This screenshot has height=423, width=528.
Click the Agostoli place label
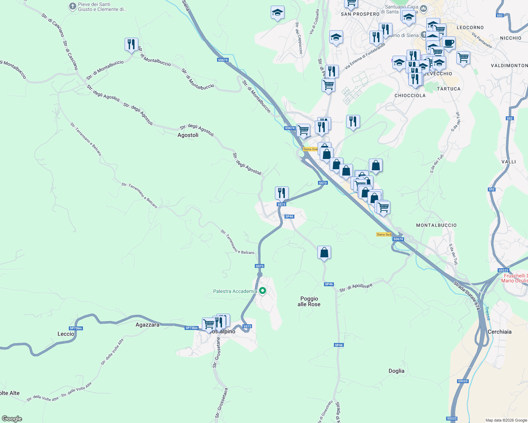click(x=188, y=135)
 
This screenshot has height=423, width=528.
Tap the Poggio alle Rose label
click(x=309, y=301)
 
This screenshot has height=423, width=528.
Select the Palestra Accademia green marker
click(x=263, y=291)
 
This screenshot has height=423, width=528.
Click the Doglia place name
click(x=396, y=371)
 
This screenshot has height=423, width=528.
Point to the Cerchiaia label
click(x=499, y=332)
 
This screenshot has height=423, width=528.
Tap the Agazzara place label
click(x=148, y=325)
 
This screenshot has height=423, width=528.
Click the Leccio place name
click(x=66, y=333)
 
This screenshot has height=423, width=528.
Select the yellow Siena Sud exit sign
click(x=384, y=234)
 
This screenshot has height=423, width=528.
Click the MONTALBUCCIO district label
click(x=436, y=225)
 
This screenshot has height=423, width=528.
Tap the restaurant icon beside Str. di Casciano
click(x=131, y=44)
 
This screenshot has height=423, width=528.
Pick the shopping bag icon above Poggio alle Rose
click(x=324, y=252)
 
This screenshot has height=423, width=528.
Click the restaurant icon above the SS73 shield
click(x=282, y=193)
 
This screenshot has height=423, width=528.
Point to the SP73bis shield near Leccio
click(x=76, y=328)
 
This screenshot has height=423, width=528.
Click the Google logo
click(x=12, y=419)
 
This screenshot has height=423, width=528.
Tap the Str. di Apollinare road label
click(x=356, y=288)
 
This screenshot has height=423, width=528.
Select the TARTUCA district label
click(x=449, y=89)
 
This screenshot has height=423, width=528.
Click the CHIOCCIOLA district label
click(x=410, y=96)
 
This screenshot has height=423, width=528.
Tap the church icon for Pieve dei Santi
click(x=72, y=6)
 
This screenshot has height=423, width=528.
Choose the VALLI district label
click(x=509, y=162)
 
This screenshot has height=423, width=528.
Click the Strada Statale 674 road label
click(x=467, y=296)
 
